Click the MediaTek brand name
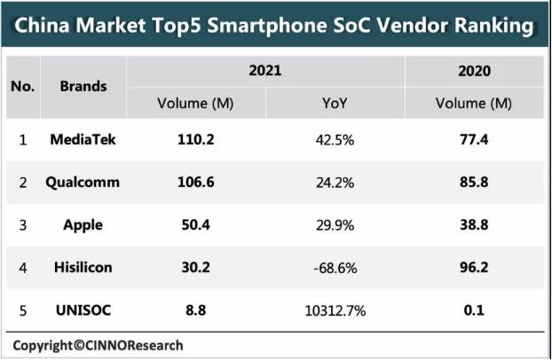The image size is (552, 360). tap(83, 140)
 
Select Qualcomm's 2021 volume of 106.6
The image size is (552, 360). tap(196, 183)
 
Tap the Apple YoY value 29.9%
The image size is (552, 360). tap(335, 225)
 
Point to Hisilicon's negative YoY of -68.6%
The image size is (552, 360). tap(335, 268)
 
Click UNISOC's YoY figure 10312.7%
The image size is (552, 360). tap(335, 310)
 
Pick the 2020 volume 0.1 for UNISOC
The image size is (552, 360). tap(474, 310)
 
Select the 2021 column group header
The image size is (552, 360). tap(265, 71)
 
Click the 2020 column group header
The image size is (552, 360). tap(474, 71)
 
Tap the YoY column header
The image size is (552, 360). tap(335, 104)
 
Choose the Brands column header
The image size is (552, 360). tap(83, 87)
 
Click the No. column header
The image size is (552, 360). tap(23, 87)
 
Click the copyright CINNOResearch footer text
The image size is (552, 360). tap(98, 346)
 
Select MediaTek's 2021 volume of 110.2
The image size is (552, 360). tap(196, 140)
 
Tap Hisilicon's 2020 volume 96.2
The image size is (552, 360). tap(474, 268)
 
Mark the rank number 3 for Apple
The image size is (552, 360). tap(23, 225)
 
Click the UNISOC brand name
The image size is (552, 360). tap(83, 310)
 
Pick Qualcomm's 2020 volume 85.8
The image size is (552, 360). tap(474, 183)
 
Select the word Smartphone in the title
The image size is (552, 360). tap(267, 27)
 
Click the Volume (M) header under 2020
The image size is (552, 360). tap(474, 104)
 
